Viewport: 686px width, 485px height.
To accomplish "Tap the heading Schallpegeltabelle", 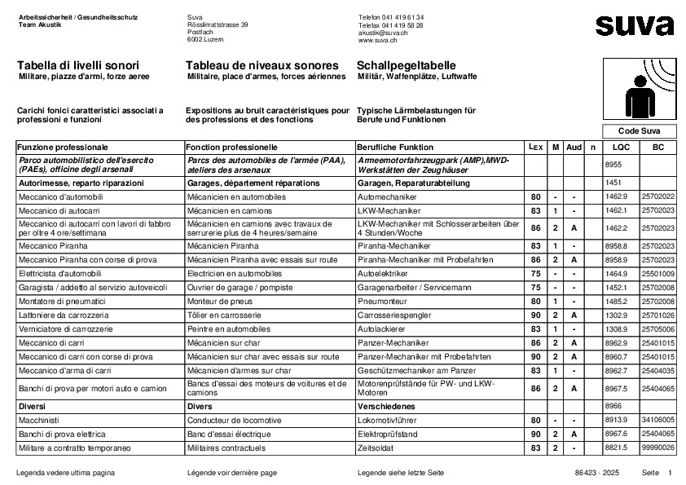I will pyautogui.click(x=406, y=64).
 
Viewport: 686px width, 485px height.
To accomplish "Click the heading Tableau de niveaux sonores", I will pyautogui.click(x=262, y=64).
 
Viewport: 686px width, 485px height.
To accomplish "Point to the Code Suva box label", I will pyautogui.click(x=639, y=131).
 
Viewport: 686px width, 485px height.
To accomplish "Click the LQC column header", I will pyautogui.click(x=621, y=147).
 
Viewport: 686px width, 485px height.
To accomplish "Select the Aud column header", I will pyautogui.click(x=574, y=147).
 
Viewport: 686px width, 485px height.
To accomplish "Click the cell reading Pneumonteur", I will pyautogui.click(x=383, y=302).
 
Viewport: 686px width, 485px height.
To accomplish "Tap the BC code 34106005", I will pyautogui.click(x=657, y=420).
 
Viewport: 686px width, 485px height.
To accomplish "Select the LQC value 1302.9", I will pyautogui.click(x=617, y=315).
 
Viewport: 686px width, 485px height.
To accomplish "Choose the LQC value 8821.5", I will pyautogui.click(x=617, y=448).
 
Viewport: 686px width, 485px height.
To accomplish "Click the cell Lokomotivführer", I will pyautogui.click(x=389, y=420).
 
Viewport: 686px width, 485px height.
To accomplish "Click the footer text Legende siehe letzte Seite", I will pyautogui.click(x=400, y=473).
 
